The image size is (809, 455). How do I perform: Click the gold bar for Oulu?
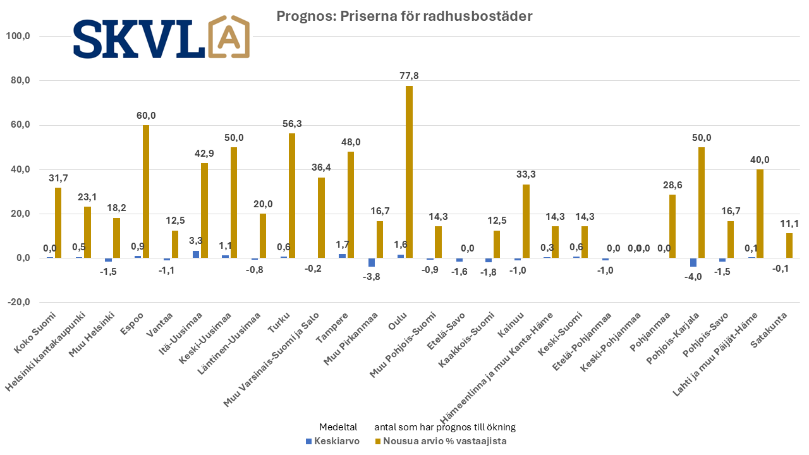(x=409, y=172)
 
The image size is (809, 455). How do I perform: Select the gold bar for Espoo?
(x=146, y=191)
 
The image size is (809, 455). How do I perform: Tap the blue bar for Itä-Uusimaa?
(x=196, y=254)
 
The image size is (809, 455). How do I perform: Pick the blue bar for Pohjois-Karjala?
(x=693, y=262)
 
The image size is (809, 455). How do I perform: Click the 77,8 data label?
(x=409, y=76)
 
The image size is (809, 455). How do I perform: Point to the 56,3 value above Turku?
(x=292, y=124)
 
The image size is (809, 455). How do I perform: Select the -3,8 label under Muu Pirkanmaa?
(x=372, y=276)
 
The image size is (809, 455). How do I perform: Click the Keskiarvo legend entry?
(x=332, y=441)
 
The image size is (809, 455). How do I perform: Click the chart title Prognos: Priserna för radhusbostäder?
(x=404, y=16)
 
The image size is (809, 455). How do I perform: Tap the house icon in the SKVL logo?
(x=229, y=37)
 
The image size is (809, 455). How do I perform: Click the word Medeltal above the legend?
(x=338, y=427)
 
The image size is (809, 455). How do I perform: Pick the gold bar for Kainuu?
(x=526, y=221)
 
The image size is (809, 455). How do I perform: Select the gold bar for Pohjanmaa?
(x=672, y=226)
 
